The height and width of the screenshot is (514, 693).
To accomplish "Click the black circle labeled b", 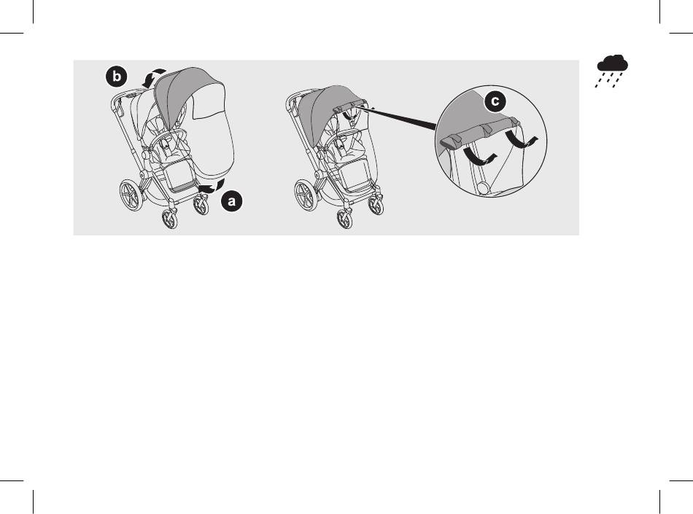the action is (x=116, y=77).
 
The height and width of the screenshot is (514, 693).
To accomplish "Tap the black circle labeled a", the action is (x=231, y=201).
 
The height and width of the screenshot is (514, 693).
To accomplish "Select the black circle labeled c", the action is (x=495, y=101).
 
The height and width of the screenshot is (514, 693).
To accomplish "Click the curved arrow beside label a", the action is (x=213, y=187).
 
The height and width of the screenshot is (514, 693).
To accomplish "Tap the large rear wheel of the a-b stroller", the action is (x=131, y=195).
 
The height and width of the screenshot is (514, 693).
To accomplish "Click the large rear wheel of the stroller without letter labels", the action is (x=306, y=195).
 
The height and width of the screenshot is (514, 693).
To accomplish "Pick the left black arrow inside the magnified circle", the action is (x=479, y=157).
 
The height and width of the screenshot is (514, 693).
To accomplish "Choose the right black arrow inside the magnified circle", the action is (x=522, y=139).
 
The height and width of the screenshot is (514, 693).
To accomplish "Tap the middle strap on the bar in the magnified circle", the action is (x=486, y=130).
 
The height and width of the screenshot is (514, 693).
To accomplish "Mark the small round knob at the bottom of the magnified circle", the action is (x=483, y=187).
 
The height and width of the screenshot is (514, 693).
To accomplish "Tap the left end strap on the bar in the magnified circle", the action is (x=450, y=141).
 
